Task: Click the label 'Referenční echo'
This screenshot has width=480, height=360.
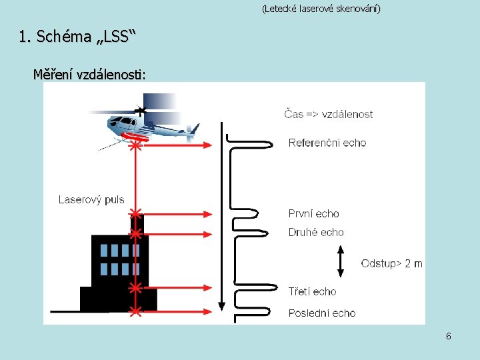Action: [x=327, y=143]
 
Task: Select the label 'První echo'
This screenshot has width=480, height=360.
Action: [x=313, y=214]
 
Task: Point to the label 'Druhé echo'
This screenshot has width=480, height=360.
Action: [x=316, y=233]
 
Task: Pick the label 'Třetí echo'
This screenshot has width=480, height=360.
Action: [x=312, y=291]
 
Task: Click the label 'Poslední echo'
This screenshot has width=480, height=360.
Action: [x=322, y=313]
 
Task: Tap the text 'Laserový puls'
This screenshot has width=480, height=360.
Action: [x=91, y=199]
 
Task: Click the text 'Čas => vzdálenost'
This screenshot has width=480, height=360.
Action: [x=329, y=114]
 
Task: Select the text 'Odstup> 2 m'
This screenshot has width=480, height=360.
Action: [x=391, y=263]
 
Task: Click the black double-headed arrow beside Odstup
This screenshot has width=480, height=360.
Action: [x=341, y=261]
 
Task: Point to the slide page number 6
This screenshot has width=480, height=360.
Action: [x=449, y=337]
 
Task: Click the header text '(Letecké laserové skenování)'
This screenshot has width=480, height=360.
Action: [x=321, y=9]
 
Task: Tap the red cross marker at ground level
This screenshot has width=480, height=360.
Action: [x=135, y=311]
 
